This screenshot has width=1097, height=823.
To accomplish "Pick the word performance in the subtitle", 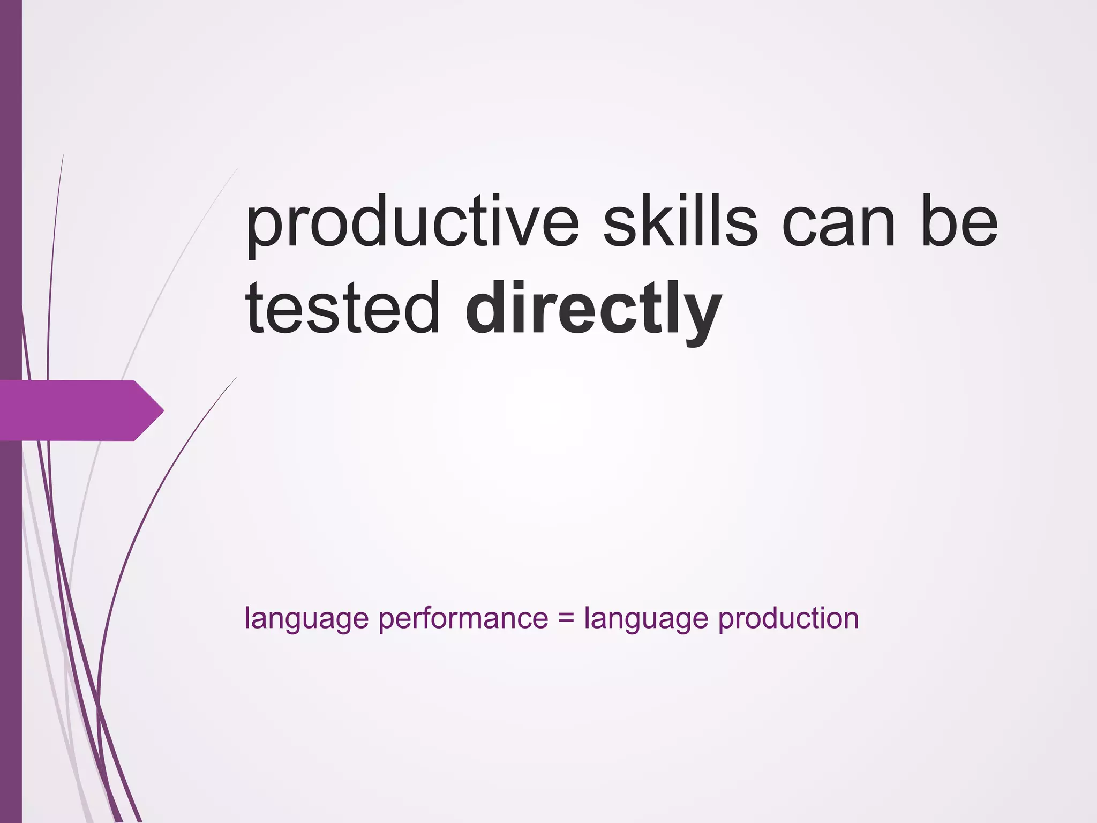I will pos(463,619).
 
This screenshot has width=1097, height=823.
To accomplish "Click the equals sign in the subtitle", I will pos(566,619).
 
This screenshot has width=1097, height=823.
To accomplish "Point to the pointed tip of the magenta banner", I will pos(162,411).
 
